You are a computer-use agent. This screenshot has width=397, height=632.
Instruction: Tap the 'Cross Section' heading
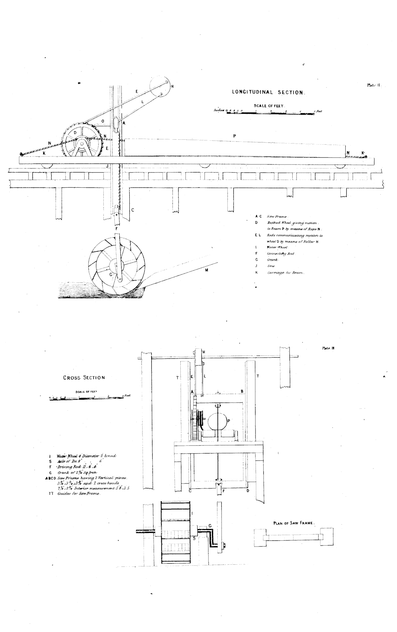84,378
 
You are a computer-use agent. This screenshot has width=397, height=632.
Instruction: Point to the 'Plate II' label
374,85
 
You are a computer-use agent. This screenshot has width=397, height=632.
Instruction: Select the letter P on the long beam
234,136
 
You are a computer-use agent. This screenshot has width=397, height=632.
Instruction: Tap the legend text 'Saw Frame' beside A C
275,216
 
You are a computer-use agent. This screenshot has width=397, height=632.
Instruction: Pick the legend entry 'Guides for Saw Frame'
79,494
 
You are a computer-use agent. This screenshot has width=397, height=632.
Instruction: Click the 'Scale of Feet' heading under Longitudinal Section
268,106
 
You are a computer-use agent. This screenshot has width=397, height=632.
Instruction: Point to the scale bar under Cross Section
87,398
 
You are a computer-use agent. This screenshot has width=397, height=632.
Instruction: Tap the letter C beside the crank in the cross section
210,525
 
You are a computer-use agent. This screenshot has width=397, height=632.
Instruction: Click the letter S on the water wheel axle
194,538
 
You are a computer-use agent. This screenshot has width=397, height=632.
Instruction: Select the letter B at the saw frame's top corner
242,391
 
